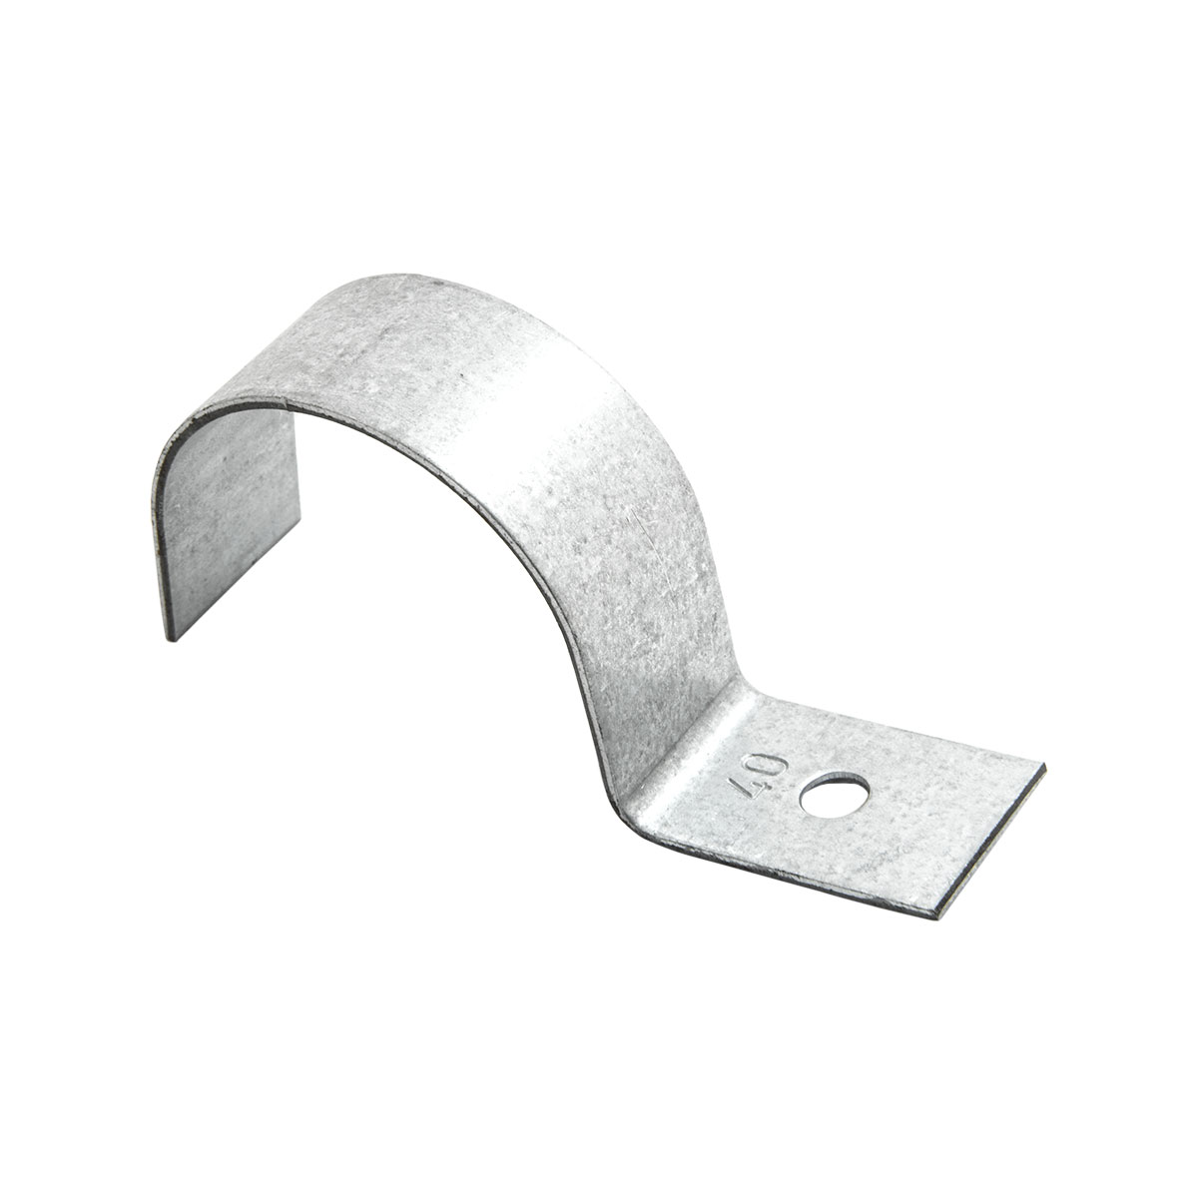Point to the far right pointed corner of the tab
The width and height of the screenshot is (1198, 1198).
pos(1045,767)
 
